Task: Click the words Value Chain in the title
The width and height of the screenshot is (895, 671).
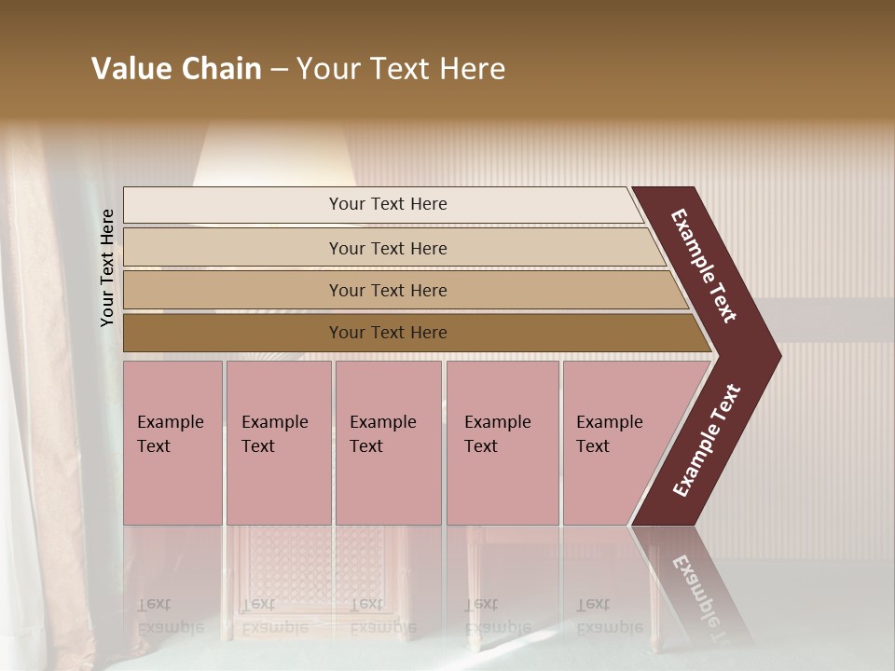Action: point(176,69)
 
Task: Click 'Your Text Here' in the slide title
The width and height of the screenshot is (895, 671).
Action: point(401,69)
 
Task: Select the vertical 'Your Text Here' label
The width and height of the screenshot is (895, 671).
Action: point(107,267)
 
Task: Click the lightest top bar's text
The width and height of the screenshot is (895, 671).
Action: point(388,204)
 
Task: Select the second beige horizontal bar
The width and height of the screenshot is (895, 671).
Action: point(388,248)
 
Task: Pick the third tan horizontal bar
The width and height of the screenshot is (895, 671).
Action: point(388,290)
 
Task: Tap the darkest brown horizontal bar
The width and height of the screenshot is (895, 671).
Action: point(388,333)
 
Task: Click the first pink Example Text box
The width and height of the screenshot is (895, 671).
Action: point(172,443)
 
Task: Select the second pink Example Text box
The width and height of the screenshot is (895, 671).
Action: point(278,443)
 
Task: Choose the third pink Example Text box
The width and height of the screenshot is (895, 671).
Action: point(388,443)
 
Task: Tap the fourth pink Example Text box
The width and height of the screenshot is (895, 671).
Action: point(502,443)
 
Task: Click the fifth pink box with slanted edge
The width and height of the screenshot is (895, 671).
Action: point(615,443)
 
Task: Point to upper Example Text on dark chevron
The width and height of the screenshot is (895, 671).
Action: point(704,266)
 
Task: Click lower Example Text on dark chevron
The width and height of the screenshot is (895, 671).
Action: point(707,441)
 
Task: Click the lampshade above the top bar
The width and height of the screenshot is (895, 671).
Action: point(275,154)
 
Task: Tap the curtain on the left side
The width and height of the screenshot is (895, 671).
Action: point(42,373)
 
